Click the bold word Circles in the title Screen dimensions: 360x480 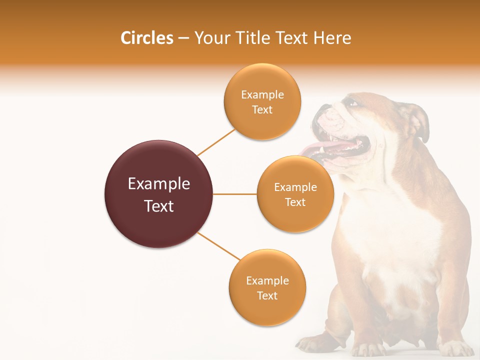click(146, 38)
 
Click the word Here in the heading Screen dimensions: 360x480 click(332, 38)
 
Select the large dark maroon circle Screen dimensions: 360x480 click(158, 194)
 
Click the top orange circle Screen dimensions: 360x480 click(262, 101)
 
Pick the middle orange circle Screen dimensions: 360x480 click(295, 194)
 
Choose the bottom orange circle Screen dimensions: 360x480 click(267, 287)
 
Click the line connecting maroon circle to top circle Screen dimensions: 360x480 click(216, 142)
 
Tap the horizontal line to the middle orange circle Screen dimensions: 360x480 click(235, 194)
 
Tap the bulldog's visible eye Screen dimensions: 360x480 click(353, 103)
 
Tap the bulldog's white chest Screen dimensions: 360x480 click(395, 240)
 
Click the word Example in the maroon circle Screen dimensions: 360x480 click(158, 184)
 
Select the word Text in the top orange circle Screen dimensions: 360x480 click(262, 109)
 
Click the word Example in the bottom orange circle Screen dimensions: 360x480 click(267, 280)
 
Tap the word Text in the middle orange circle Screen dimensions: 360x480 click(295, 202)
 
